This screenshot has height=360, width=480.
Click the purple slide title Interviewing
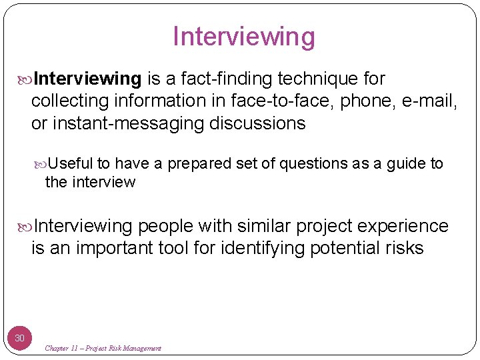click(243, 37)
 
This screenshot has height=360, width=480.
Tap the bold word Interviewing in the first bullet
click(87, 79)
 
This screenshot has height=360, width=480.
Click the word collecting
click(69, 101)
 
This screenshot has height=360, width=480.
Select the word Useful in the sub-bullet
click(71, 164)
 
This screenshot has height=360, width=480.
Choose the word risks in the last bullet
click(402, 249)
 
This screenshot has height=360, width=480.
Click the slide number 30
click(20, 338)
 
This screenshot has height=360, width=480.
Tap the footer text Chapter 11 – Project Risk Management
click(103, 348)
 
